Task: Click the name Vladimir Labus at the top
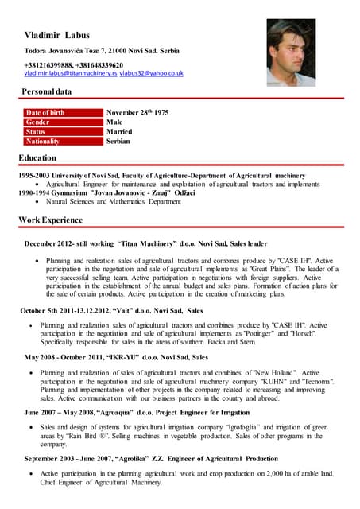[x=57, y=35]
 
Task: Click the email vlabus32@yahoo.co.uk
[x=152, y=73]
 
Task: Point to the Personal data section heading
[x=46, y=92]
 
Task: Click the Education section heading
[x=37, y=158]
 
